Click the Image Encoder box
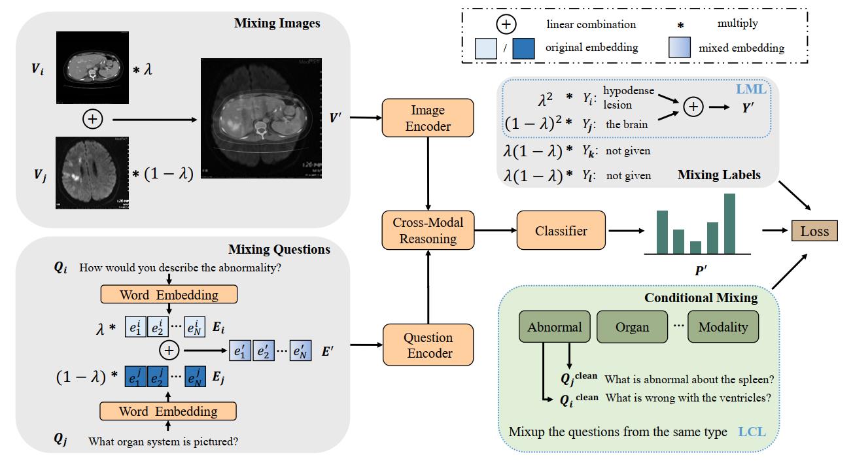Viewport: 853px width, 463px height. click(426, 118)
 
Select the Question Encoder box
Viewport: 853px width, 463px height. click(426, 345)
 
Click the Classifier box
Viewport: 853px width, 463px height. click(561, 231)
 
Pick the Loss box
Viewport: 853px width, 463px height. click(814, 231)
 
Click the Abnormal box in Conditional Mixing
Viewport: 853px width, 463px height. click(554, 327)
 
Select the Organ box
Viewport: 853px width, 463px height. click(632, 327)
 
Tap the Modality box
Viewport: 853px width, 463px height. click(722, 327)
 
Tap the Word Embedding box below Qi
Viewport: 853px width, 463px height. click(168, 294)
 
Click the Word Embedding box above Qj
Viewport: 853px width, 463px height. click(168, 411)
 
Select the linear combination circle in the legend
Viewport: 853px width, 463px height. click(506, 25)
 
